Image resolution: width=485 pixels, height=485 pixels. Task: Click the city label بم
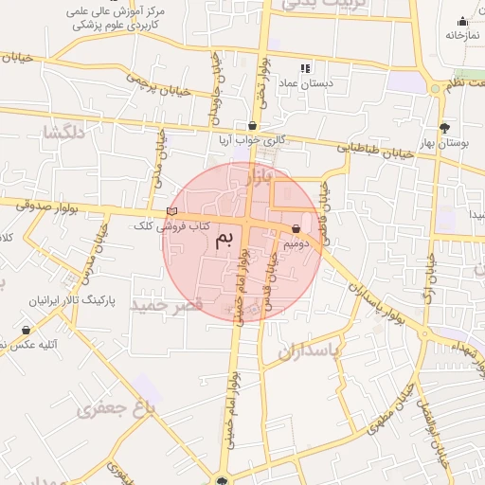(224, 239)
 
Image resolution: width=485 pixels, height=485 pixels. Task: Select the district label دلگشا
(63, 133)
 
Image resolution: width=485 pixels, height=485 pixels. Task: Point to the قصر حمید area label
(168, 305)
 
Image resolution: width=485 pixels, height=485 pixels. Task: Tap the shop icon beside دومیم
(297, 229)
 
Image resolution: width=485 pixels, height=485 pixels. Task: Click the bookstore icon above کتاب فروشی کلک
(171, 211)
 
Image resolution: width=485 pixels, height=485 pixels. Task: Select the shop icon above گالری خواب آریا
(252, 125)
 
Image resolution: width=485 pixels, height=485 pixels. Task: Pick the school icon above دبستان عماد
(305, 68)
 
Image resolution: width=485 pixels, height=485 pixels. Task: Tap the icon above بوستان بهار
(444, 127)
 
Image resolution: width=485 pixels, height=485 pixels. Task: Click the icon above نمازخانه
(462, 21)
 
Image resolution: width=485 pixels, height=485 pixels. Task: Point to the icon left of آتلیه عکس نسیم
(25, 331)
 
